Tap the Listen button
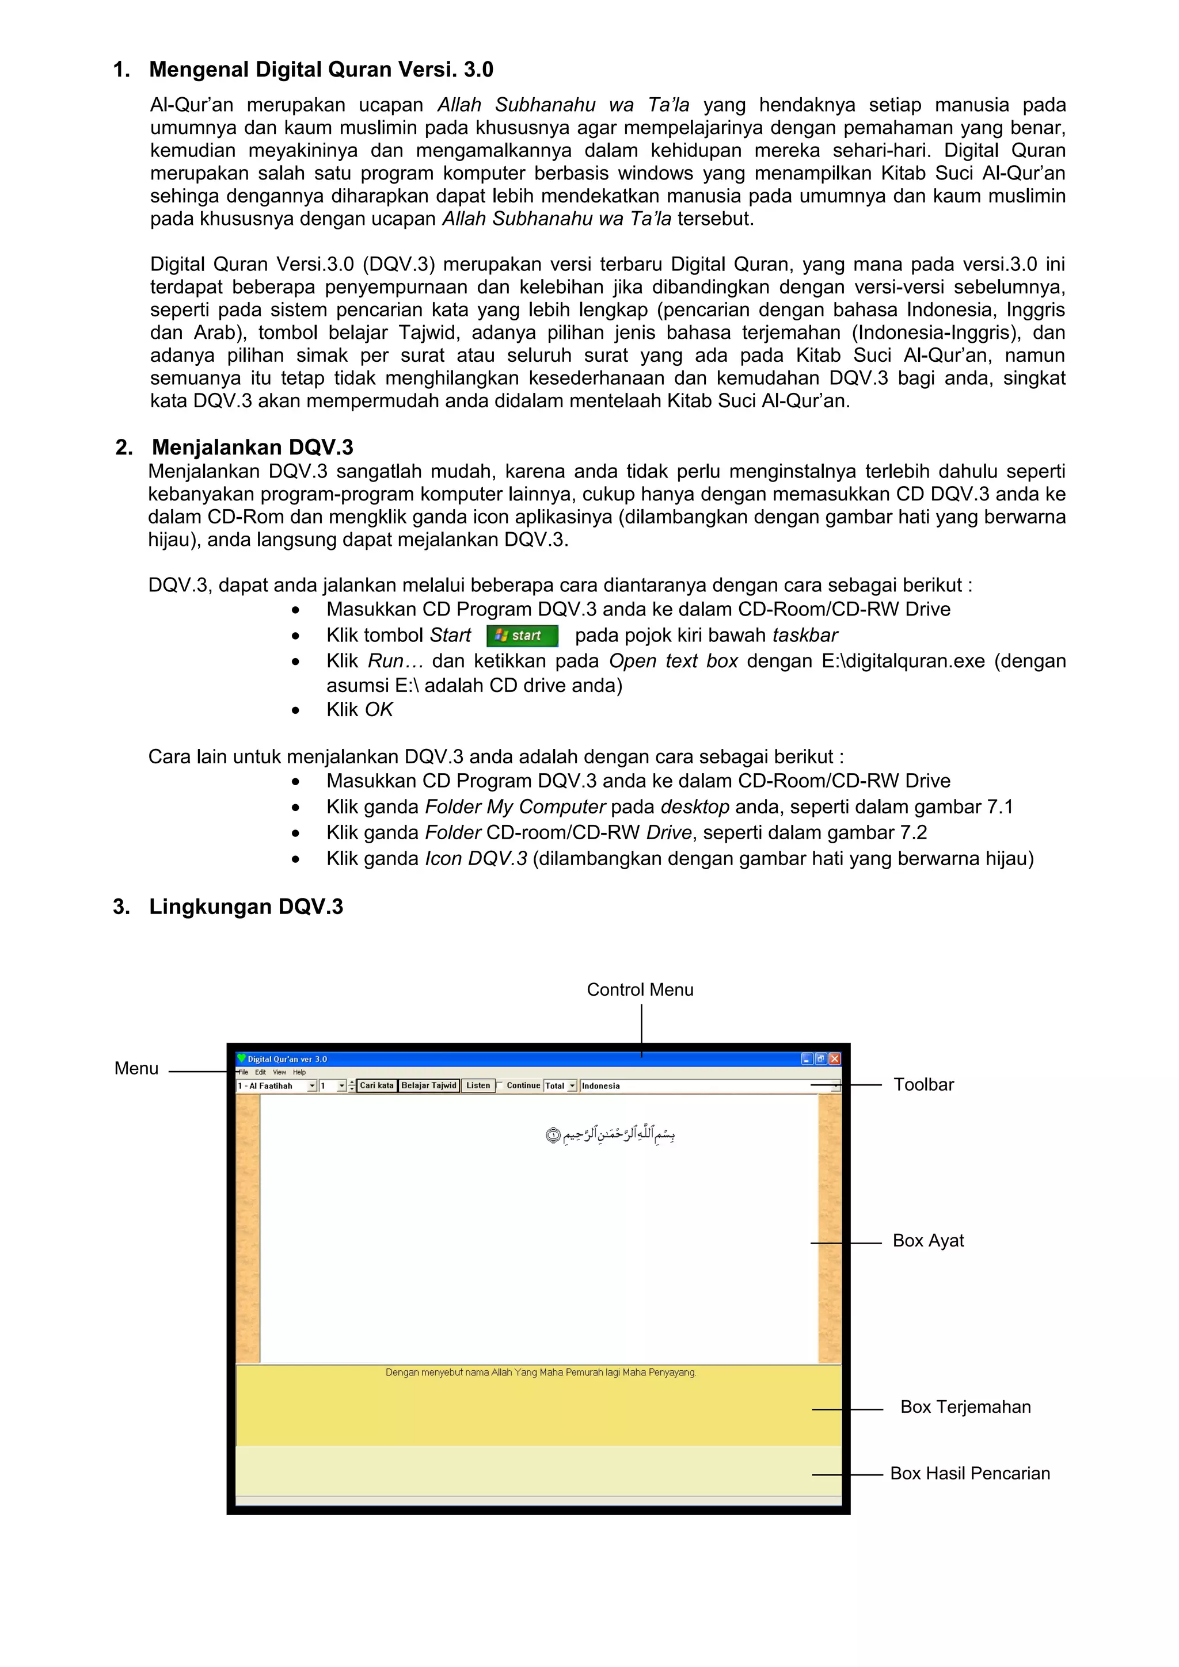point(478,1085)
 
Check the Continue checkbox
point(500,1085)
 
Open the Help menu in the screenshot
point(299,1072)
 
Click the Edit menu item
point(260,1072)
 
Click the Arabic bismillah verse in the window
point(610,1134)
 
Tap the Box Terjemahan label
point(965,1406)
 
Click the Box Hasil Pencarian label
point(970,1473)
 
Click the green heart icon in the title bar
point(242,1058)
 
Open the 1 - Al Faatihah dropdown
point(313,1086)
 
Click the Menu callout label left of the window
point(136,1068)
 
